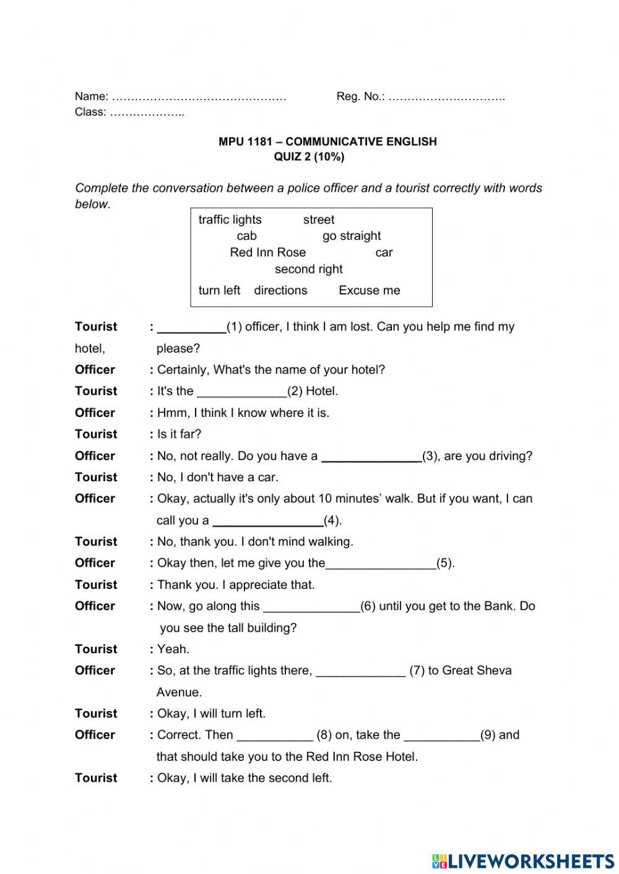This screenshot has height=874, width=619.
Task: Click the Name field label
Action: coord(91,96)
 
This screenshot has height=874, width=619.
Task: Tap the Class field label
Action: coord(90,112)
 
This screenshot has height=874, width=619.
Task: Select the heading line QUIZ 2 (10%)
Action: coord(309,157)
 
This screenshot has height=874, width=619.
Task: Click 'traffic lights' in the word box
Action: coord(230,220)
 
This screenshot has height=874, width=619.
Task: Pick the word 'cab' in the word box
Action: coord(246,236)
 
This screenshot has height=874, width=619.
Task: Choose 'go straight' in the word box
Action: coord(352,236)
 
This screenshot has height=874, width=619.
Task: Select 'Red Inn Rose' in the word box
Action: coord(267,252)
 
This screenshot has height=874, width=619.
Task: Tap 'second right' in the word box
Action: coord(308,269)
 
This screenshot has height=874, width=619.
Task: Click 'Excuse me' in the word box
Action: coord(369,290)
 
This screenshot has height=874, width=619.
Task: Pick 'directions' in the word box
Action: coord(280,290)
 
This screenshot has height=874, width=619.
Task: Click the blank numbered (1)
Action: coord(192,328)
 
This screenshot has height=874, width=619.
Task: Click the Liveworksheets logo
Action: coord(522,860)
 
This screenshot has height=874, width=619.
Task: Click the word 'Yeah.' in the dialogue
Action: coord(173,649)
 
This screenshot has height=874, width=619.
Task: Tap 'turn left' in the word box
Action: coord(219,290)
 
